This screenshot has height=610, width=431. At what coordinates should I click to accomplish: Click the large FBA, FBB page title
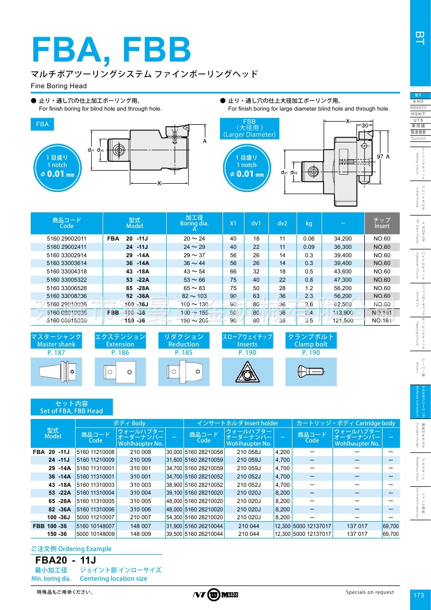pos(112,50)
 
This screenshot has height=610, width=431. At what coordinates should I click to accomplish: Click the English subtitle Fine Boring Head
pos(59,86)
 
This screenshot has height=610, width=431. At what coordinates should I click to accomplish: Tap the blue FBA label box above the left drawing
pos(43,124)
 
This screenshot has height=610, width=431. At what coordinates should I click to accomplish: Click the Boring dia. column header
pos(194,223)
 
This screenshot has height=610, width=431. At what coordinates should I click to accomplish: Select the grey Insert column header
pos(382,223)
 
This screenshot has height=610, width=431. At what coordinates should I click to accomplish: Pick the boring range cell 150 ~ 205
pos(194,321)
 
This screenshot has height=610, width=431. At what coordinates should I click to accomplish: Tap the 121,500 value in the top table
pos(343,321)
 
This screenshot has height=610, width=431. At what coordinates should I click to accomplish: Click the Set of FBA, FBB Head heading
pos(71,407)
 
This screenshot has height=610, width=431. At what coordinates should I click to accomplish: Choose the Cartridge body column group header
pos(346,423)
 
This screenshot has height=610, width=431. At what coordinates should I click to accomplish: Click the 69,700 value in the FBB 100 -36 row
pos(390,527)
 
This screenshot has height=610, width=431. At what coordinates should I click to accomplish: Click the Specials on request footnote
pos(370,592)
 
